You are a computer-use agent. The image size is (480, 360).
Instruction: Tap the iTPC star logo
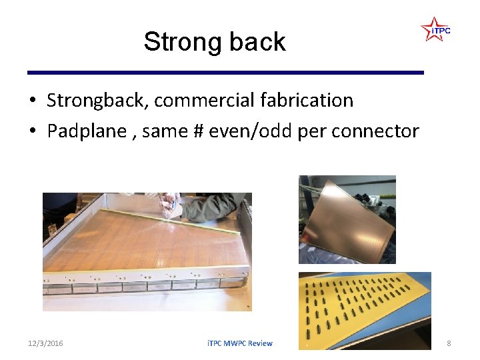(x=435, y=30)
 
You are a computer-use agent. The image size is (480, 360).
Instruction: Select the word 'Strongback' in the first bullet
(x=98, y=101)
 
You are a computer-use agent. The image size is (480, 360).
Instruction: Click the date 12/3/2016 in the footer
(x=45, y=343)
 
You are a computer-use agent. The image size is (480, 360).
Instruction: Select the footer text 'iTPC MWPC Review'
(x=239, y=343)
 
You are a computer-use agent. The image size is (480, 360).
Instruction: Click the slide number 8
(x=449, y=343)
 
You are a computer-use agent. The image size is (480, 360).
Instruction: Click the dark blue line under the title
(x=225, y=72)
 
